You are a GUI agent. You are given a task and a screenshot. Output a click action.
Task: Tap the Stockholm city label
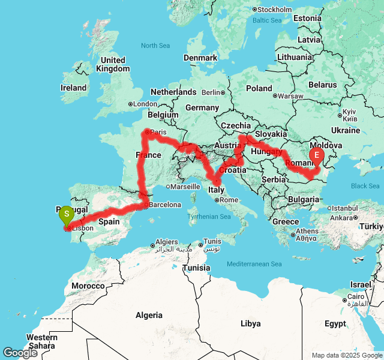point(275,10)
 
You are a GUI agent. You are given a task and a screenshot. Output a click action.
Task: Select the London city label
point(145,104)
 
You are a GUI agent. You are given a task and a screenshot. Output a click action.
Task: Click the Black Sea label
point(365,186)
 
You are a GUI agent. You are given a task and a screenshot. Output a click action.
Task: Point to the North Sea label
point(155,46)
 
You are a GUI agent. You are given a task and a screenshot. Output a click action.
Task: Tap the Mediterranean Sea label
point(254,265)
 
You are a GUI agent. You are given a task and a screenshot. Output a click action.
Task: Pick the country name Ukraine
point(346,130)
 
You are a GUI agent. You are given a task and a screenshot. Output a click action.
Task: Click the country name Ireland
point(73,88)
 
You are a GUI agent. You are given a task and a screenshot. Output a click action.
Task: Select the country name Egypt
point(335,323)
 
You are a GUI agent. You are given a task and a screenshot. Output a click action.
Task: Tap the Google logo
point(20,353)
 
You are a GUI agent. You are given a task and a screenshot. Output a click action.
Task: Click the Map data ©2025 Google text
point(346,356)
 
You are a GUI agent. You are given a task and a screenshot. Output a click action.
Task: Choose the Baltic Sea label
point(267,20)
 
